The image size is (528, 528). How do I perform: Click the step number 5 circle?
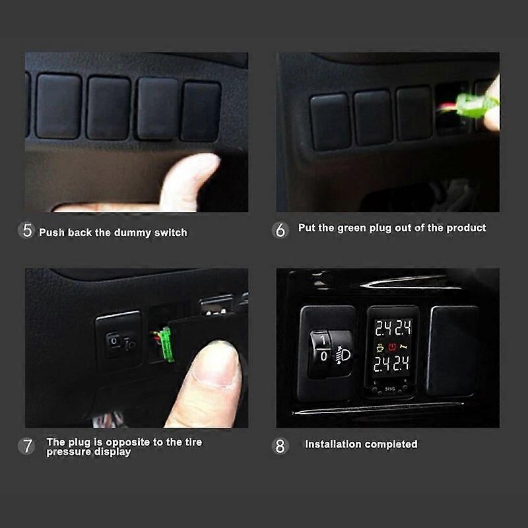(x=26, y=230)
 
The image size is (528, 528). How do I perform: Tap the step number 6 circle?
(x=280, y=230)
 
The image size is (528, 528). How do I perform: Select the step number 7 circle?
(x=26, y=446)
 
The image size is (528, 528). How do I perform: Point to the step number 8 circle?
(x=280, y=446)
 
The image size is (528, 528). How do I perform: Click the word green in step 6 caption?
(x=352, y=228)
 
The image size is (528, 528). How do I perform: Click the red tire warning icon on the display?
(x=392, y=347)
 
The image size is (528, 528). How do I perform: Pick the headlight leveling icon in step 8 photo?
(x=343, y=356)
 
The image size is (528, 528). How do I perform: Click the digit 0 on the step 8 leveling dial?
(x=323, y=356)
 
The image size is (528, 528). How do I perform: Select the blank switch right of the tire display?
(x=453, y=350)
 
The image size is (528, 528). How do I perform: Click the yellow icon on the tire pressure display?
(x=380, y=347)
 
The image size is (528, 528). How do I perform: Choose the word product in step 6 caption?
(x=466, y=228)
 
